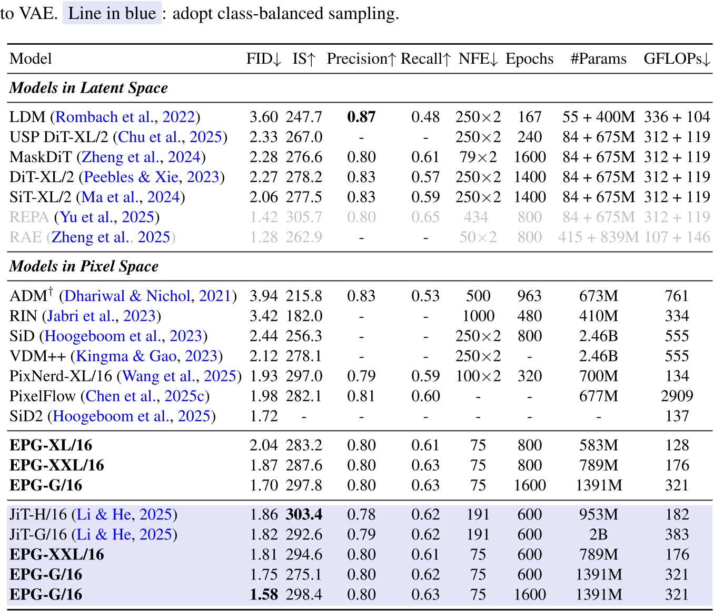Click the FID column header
[264, 59]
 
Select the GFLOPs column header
[677, 59]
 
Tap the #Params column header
[598, 59]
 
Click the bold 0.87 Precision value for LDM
[361, 117]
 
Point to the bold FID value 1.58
[264, 595]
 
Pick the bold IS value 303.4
[304, 515]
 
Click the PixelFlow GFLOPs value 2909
[677, 396]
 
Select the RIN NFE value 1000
[478, 316]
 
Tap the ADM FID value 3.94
[264, 296]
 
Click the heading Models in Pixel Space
[84, 267]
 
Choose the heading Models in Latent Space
[88, 88]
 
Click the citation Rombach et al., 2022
[125, 117]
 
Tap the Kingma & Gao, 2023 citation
[147, 356]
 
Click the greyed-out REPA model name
[29, 217]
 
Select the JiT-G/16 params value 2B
[598, 535]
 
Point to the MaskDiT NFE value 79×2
[478, 157]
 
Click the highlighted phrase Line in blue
[112, 13]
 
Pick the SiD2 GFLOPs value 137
[677, 416]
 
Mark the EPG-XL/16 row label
[51, 446]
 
